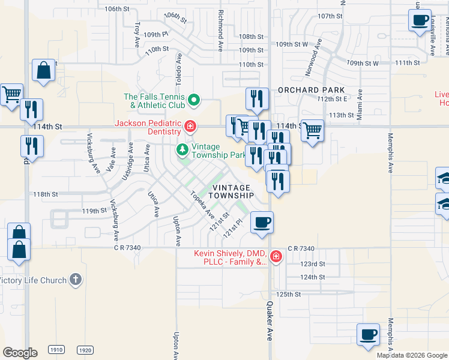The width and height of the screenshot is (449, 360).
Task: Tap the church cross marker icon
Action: tap(75, 280)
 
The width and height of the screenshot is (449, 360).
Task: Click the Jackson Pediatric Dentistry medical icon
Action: tap(190, 127)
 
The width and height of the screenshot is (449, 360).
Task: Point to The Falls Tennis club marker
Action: tap(193, 100)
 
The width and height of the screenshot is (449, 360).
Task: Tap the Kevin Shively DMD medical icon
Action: tap(276, 257)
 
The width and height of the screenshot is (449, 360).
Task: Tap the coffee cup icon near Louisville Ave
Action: tap(420, 19)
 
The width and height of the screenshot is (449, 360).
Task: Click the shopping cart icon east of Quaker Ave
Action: tap(312, 130)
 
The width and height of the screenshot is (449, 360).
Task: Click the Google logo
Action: tap(20, 352)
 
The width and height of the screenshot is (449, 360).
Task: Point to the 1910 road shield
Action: tap(56, 350)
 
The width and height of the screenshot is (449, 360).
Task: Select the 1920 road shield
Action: tap(85, 350)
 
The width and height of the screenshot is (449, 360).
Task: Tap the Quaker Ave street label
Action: tap(269, 321)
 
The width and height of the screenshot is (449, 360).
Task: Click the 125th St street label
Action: tap(289, 295)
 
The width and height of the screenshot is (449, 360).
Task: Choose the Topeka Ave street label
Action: tap(202, 204)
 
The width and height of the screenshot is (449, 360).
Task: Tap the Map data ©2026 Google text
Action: tap(411, 355)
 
